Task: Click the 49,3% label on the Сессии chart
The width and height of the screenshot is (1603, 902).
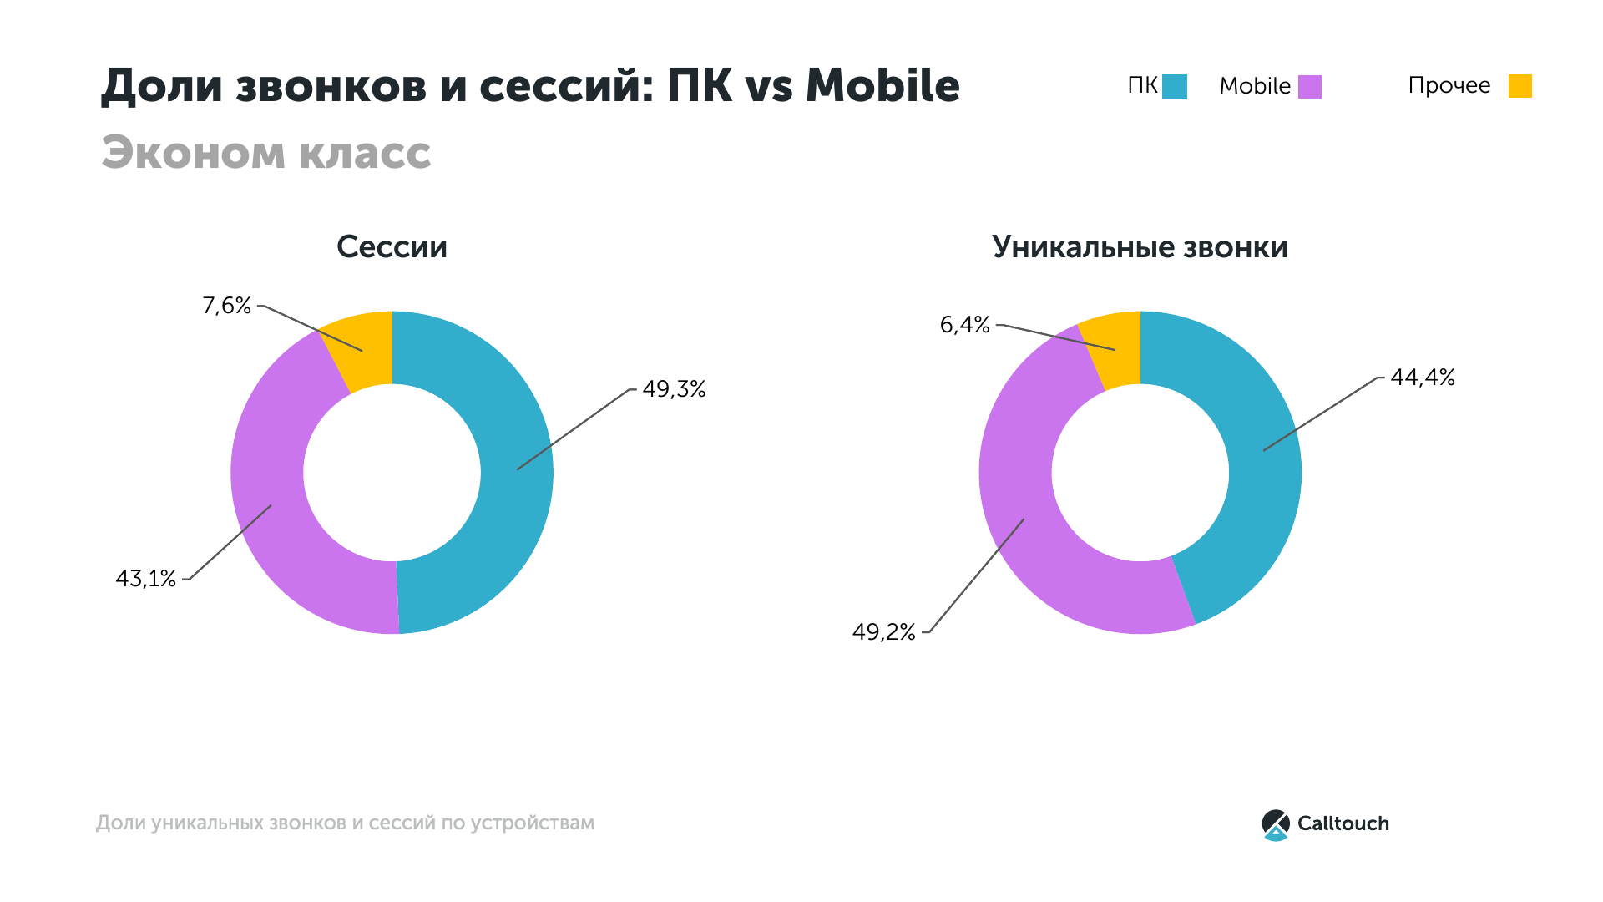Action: [674, 389]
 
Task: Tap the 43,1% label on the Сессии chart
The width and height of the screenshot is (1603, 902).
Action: [146, 579]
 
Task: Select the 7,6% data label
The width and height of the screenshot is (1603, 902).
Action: [226, 306]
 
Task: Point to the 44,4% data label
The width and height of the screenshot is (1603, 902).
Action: [1423, 378]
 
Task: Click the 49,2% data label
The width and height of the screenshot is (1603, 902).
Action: [884, 632]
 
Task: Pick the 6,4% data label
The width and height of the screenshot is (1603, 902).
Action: [965, 325]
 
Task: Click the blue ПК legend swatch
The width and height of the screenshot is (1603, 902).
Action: [1175, 87]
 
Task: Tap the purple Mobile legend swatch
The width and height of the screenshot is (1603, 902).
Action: [1310, 87]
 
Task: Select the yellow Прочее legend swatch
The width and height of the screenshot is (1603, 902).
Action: [1520, 86]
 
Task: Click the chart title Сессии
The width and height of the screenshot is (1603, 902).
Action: [392, 247]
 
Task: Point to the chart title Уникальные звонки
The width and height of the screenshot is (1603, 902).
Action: [1140, 247]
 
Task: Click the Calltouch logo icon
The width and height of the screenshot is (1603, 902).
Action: [1276, 824]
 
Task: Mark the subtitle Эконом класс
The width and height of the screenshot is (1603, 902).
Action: [266, 153]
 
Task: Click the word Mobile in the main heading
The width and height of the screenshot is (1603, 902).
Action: [882, 86]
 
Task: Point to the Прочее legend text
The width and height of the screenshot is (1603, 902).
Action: [1449, 86]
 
